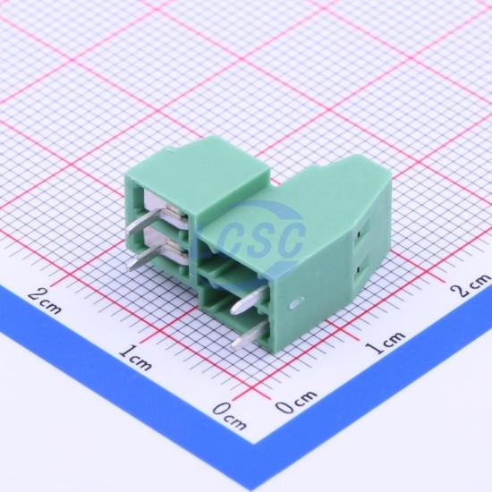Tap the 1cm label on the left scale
(136, 357)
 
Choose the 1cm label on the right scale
(386, 343)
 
